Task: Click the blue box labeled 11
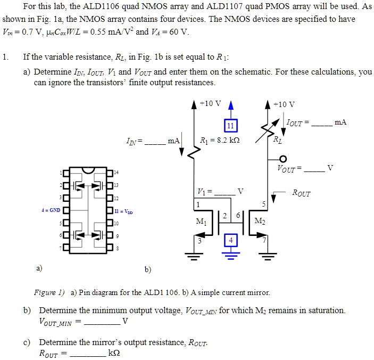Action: tap(230, 126)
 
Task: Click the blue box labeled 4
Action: tap(230, 241)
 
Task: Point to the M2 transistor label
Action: tap(260, 220)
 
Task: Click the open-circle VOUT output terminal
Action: tap(284, 159)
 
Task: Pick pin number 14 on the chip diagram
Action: tap(117, 173)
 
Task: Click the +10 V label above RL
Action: tap(285, 104)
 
